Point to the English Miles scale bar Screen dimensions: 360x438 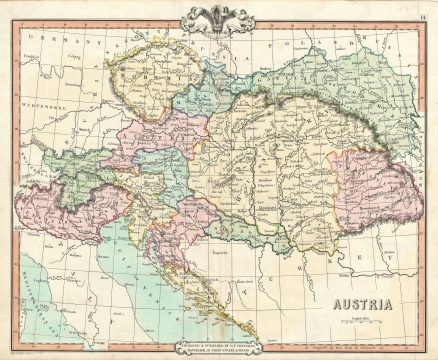[378, 317]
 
